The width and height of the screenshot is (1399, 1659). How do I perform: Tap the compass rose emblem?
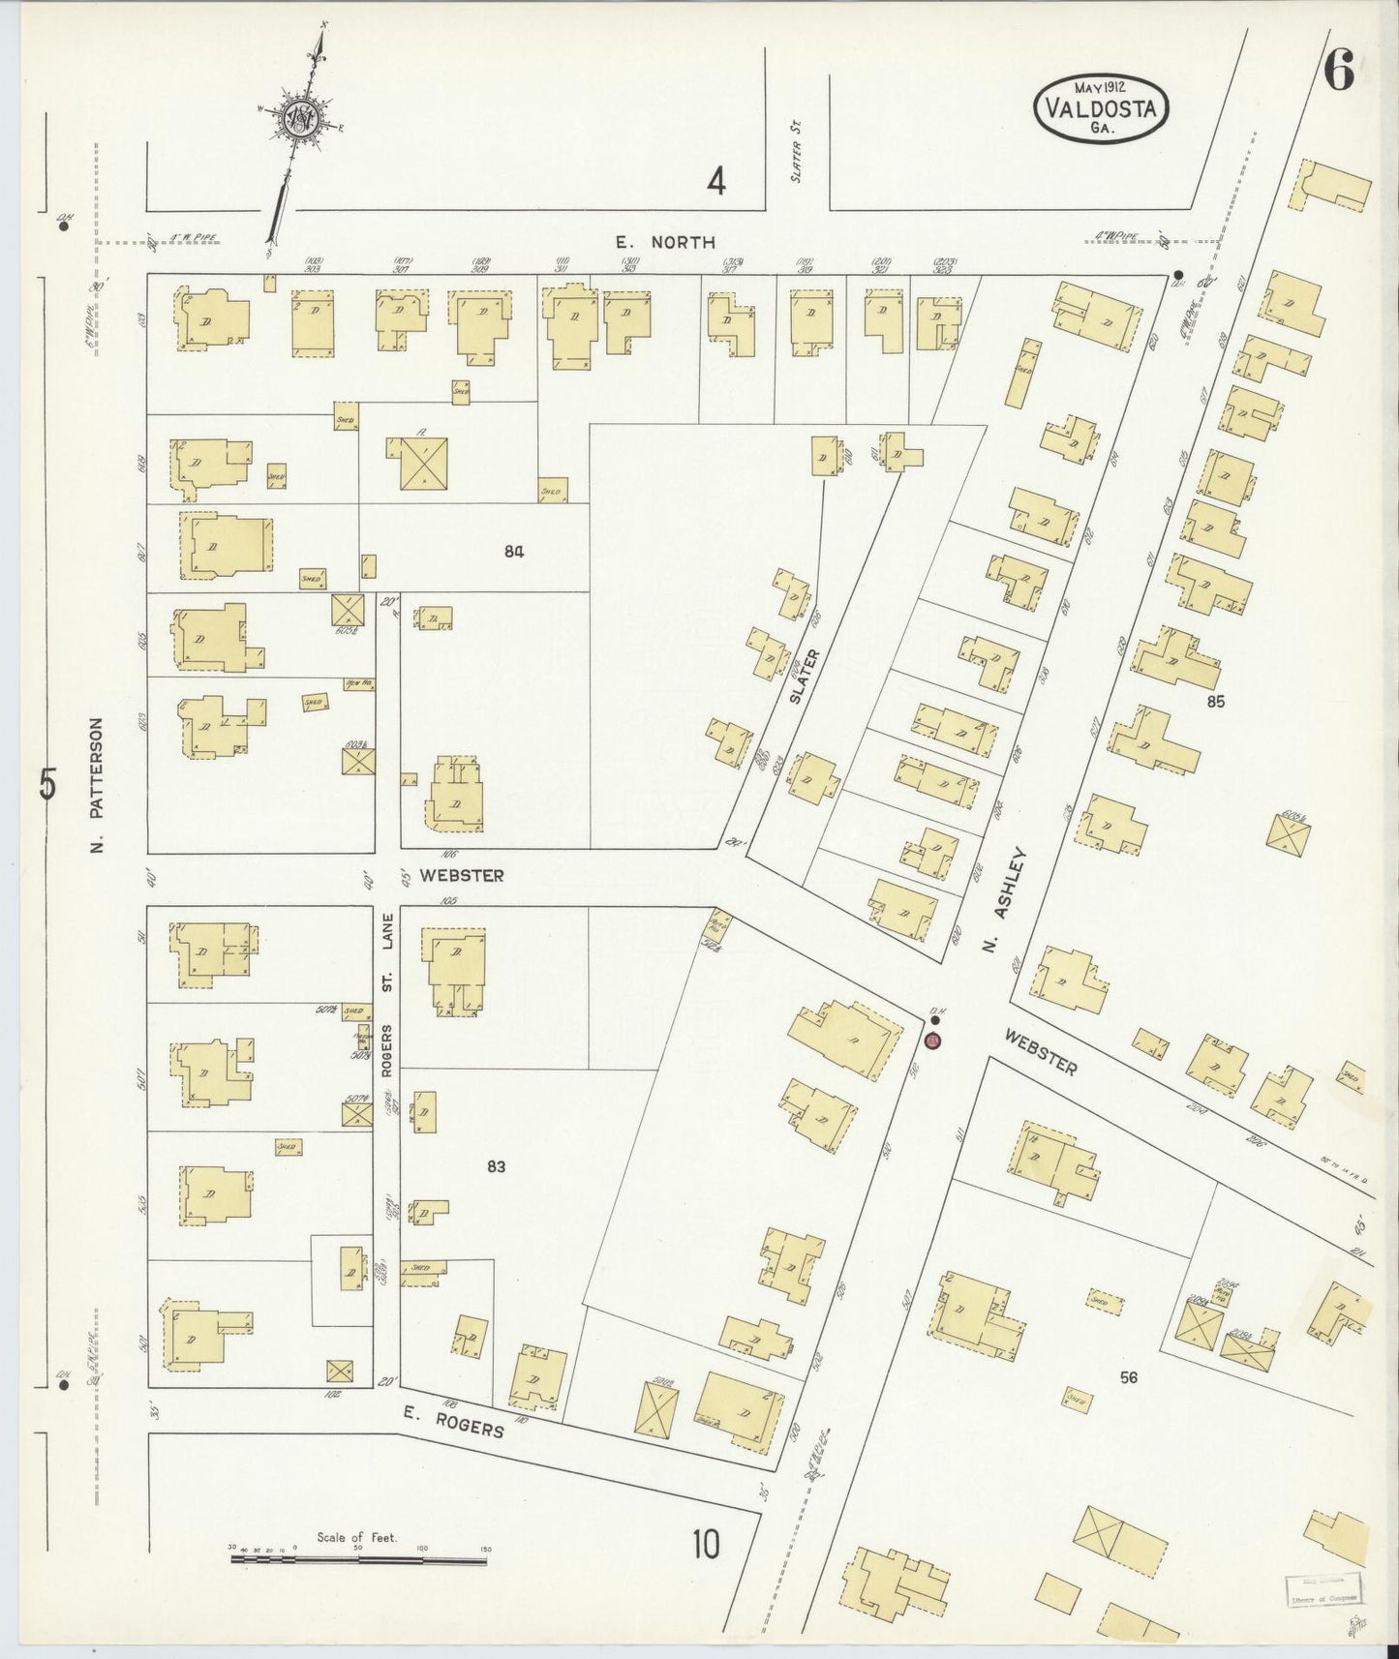pyautogui.click(x=301, y=118)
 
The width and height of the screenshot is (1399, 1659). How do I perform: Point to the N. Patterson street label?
pyautogui.click(x=96, y=785)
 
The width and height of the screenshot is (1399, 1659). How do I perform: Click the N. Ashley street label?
pyautogui.click(x=1004, y=900)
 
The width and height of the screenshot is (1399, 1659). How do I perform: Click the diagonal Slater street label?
pyautogui.click(x=809, y=675)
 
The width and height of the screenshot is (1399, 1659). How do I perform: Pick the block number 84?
pyautogui.click(x=513, y=551)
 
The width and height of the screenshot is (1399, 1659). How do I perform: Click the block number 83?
pyautogui.click(x=496, y=1166)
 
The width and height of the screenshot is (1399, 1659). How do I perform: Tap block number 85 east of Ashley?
pyautogui.click(x=1215, y=701)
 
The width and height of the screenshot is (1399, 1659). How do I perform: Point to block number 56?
pyautogui.click(x=1128, y=1377)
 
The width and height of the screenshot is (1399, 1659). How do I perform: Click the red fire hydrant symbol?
pyautogui.click(x=932, y=1041)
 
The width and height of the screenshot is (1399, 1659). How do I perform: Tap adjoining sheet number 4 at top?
pyautogui.click(x=715, y=181)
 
